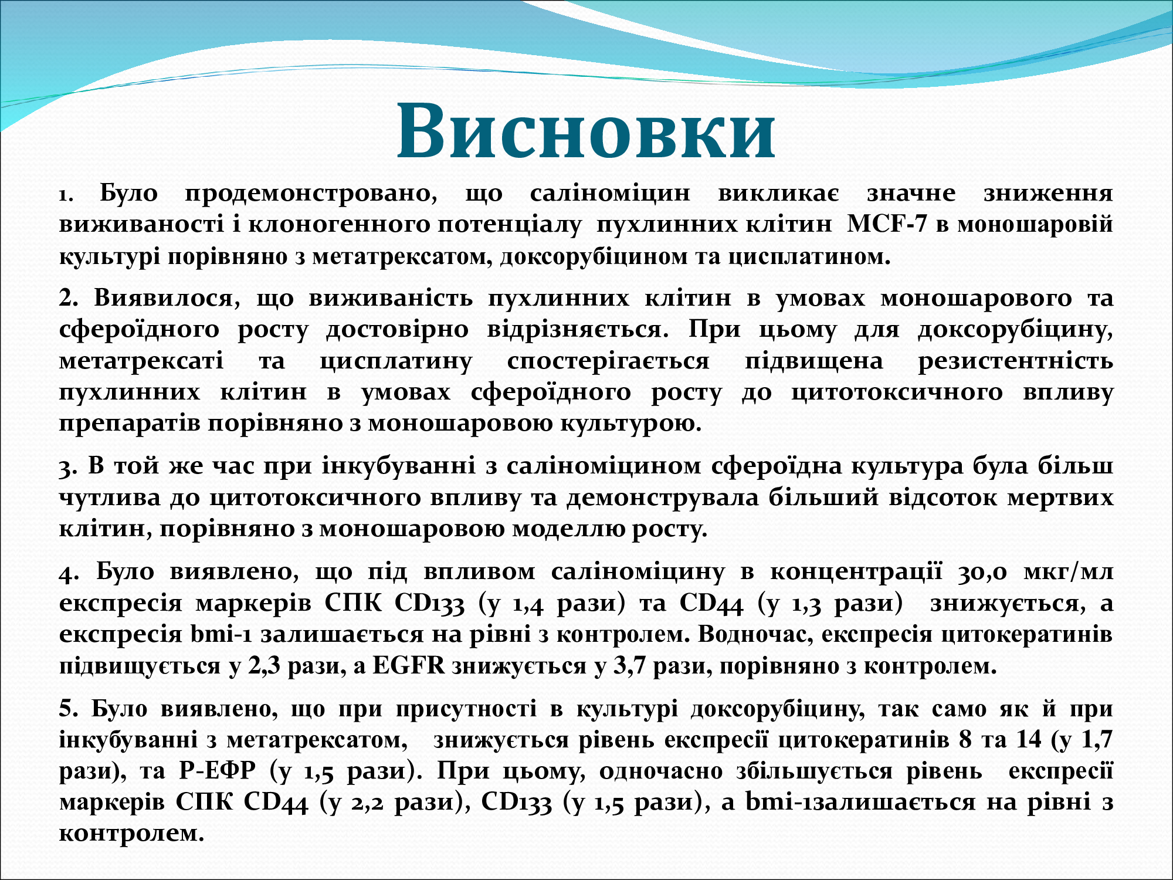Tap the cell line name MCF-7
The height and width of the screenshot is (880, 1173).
tap(887, 224)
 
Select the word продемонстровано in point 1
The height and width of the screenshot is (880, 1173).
tap(311, 194)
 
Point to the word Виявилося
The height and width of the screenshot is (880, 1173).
tap(168, 299)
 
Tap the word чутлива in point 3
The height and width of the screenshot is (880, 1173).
tap(110, 497)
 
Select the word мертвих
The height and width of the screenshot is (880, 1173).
tap(1060, 497)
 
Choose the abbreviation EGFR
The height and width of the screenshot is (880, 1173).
tap(409, 666)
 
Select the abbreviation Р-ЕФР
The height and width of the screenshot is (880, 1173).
tap(218, 770)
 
